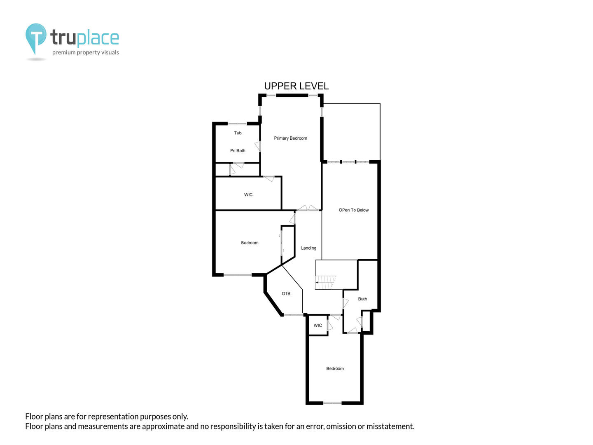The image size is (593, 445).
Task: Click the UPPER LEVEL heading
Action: (296, 86)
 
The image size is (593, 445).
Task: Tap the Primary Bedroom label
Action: (290, 138)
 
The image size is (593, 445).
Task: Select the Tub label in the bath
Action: (238, 133)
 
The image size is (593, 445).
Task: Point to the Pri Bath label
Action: (238, 150)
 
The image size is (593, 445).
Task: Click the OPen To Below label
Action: (353, 210)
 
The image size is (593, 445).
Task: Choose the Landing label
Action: (308, 248)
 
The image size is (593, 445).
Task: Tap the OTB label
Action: (286, 293)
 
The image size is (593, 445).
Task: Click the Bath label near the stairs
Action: (362, 299)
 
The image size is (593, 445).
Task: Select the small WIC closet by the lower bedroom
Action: (318, 326)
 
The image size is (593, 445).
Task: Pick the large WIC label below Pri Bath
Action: (248, 194)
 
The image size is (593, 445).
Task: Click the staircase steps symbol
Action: (326, 282)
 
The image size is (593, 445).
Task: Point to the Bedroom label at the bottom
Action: (335, 368)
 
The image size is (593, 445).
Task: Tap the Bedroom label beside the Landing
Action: (250, 243)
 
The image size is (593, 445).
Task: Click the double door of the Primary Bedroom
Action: (308, 208)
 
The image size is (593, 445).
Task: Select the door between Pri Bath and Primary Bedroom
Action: (258, 146)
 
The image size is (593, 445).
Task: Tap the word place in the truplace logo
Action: (98, 38)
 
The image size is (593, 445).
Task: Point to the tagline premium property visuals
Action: (85, 52)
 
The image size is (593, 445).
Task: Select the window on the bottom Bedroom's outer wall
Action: (332, 403)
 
